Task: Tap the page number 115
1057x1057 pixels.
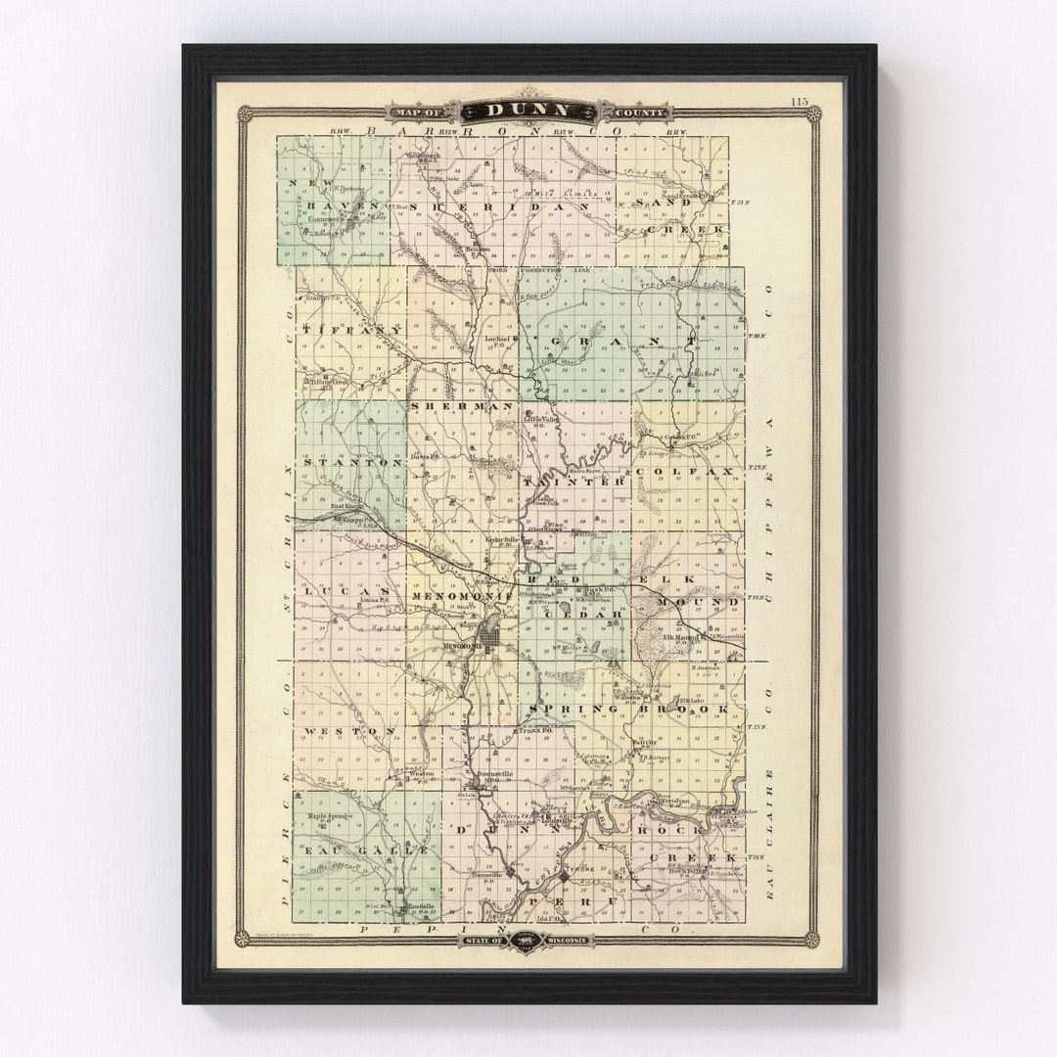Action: pos(801,101)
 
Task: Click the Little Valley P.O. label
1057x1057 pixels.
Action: pos(537,422)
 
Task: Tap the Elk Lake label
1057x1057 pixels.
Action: pos(692,700)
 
